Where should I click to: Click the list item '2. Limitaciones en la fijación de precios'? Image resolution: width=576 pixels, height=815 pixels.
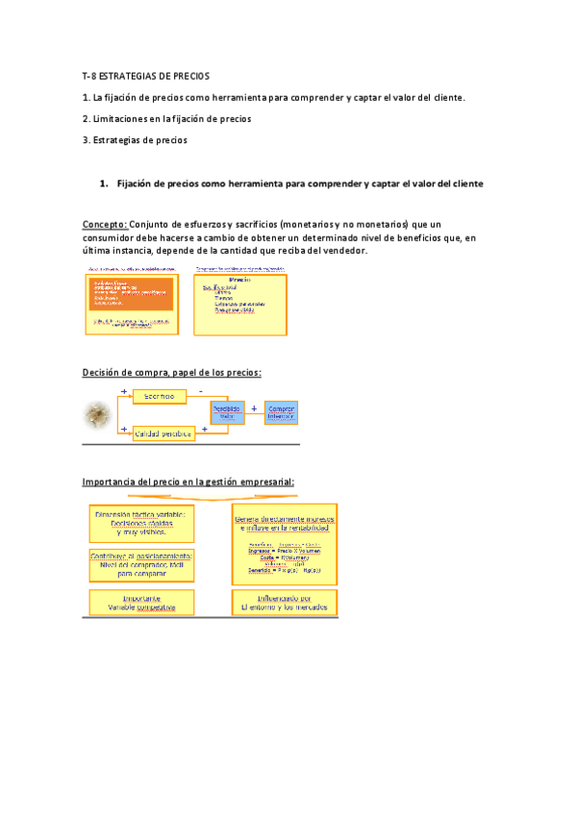point(166,119)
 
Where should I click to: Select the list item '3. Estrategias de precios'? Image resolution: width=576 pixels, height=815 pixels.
point(135,140)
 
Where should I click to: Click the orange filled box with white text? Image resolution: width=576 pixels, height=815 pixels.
point(132,294)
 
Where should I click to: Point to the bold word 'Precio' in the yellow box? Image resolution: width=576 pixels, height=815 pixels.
point(239,280)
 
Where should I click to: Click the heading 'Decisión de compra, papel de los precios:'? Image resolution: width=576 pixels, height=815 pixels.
point(171,373)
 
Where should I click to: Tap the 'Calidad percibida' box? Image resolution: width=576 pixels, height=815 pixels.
point(163,433)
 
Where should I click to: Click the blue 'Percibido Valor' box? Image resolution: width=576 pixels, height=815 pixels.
point(228,411)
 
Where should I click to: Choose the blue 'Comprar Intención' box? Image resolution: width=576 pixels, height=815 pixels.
point(281,411)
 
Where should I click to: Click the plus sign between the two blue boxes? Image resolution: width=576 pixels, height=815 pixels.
point(254,407)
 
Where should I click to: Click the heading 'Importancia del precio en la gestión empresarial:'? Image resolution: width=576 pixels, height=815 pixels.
point(188,482)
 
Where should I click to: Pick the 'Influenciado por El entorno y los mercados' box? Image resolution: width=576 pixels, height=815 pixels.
point(284,603)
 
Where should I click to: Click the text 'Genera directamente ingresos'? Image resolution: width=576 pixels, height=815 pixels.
point(284,520)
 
